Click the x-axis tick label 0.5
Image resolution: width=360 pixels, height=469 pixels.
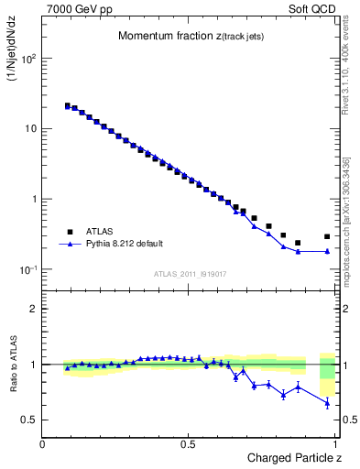tap(189, 444)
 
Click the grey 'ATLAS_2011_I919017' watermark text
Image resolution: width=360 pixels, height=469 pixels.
tap(191, 273)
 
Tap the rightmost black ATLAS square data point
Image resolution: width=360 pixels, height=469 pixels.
tap(327, 236)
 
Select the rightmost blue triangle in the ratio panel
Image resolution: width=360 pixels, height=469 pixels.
tap(327, 403)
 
